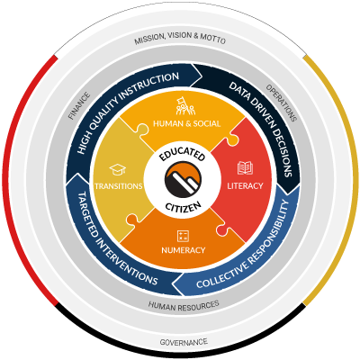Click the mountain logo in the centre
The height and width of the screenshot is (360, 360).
point(183,179)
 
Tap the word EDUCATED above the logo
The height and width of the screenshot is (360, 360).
point(182,153)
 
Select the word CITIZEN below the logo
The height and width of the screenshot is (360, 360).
point(183,206)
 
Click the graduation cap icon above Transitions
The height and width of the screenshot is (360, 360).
point(118,170)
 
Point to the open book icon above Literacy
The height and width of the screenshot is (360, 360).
point(245,167)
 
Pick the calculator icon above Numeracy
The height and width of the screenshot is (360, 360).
point(183,236)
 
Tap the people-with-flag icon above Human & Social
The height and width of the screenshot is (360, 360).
point(185,105)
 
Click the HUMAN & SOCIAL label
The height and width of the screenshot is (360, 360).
point(187,123)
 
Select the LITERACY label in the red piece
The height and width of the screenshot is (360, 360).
point(245,186)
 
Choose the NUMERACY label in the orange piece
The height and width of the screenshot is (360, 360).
point(184,250)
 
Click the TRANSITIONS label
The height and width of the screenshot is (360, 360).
point(119,186)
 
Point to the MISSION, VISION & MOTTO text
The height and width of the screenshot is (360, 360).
point(180,38)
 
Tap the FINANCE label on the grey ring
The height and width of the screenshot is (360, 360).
point(79,106)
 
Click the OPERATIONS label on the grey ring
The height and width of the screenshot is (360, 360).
point(282,103)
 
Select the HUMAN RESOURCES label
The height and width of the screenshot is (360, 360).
point(184,306)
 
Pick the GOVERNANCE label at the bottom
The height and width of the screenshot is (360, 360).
point(184,342)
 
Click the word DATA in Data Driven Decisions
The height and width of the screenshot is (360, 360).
point(239,92)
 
